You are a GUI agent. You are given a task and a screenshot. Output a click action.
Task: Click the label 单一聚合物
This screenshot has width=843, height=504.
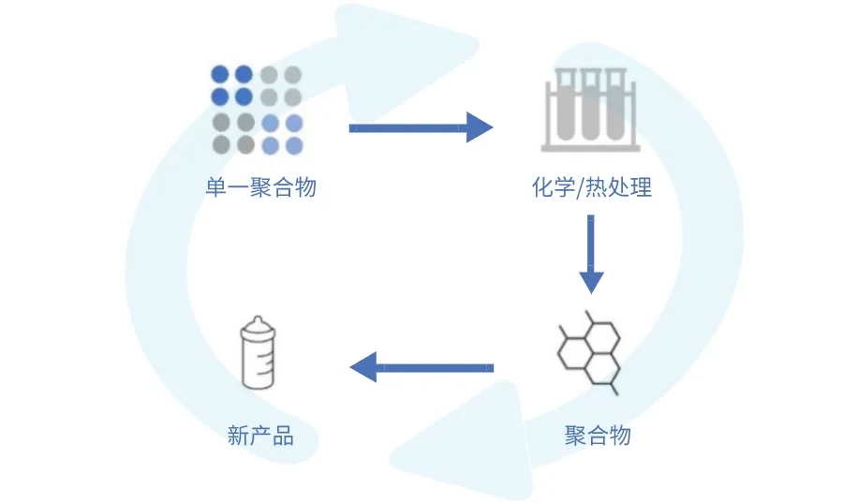pyautogui.click(x=260, y=187)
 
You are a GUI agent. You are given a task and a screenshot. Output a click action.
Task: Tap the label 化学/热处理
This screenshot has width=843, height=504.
pyautogui.click(x=590, y=187)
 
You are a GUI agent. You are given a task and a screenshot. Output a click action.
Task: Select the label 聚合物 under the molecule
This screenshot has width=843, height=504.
pyautogui.click(x=598, y=436)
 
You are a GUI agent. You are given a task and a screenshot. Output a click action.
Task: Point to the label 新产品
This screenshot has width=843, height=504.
pyautogui.click(x=260, y=436)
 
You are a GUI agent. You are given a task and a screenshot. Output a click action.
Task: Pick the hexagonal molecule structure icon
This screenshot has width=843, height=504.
pyautogui.click(x=588, y=349)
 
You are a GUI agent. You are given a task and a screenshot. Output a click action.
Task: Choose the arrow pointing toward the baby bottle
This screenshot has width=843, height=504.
pyautogui.click(x=421, y=366)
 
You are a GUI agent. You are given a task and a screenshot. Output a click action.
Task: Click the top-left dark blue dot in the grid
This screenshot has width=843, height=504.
pyautogui.click(x=220, y=73)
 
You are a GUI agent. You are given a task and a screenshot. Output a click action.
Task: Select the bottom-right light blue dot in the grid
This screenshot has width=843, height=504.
pyautogui.click(x=293, y=145)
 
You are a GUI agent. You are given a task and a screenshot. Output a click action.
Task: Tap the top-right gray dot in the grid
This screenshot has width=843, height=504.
pyautogui.click(x=293, y=73)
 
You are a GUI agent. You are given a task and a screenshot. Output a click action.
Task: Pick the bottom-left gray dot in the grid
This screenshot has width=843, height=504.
pyautogui.click(x=220, y=145)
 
